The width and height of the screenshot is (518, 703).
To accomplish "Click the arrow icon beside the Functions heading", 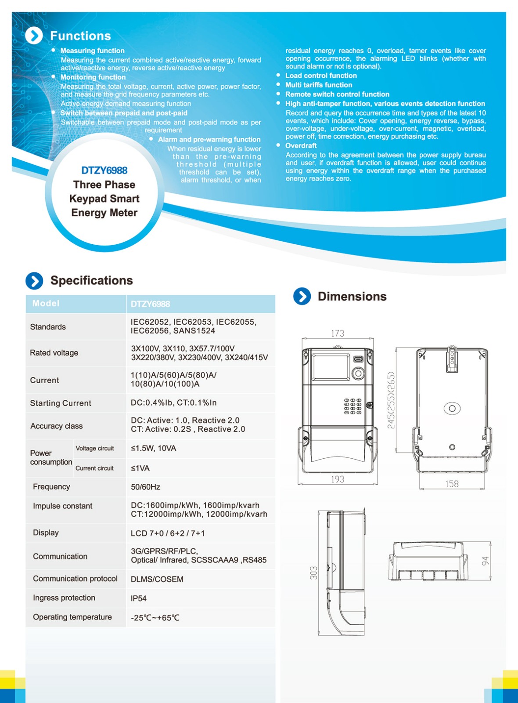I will [x=34, y=36].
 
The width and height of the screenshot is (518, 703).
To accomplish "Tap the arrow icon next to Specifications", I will [x=34, y=281].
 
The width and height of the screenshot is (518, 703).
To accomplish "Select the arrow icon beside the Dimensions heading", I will [x=302, y=297].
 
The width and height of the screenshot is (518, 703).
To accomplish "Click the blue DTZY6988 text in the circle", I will [x=104, y=170].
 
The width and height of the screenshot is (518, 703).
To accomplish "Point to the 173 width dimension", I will [x=338, y=333].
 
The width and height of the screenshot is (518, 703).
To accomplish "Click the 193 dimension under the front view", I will [x=338, y=479].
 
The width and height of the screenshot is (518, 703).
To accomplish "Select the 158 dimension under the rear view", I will [x=452, y=484].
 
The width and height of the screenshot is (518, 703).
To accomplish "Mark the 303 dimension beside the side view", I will [x=313, y=573].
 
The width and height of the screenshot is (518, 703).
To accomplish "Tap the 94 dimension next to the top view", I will [x=485, y=561].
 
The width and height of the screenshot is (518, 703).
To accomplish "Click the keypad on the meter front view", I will [x=353, y=406].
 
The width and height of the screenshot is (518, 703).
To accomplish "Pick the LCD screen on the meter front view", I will [x=331, y=367].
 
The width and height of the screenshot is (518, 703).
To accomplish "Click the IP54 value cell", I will [x=139, y=598].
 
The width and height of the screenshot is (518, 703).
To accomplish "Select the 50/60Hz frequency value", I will [x=145, y=487].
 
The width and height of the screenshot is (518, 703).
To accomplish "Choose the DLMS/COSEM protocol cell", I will [x=157, y=579].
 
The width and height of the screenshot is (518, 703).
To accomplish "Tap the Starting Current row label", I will [x=61, y=403].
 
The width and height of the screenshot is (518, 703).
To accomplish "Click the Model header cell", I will [x=46, y=304].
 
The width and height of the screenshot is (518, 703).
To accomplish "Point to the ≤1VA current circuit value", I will [x=140, y=468].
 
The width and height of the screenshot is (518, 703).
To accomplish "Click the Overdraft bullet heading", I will [x=301, y=145].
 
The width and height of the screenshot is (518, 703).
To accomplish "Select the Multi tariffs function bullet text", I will [x=319, y=85].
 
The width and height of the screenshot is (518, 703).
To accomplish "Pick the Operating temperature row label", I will [x=72, y=617].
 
